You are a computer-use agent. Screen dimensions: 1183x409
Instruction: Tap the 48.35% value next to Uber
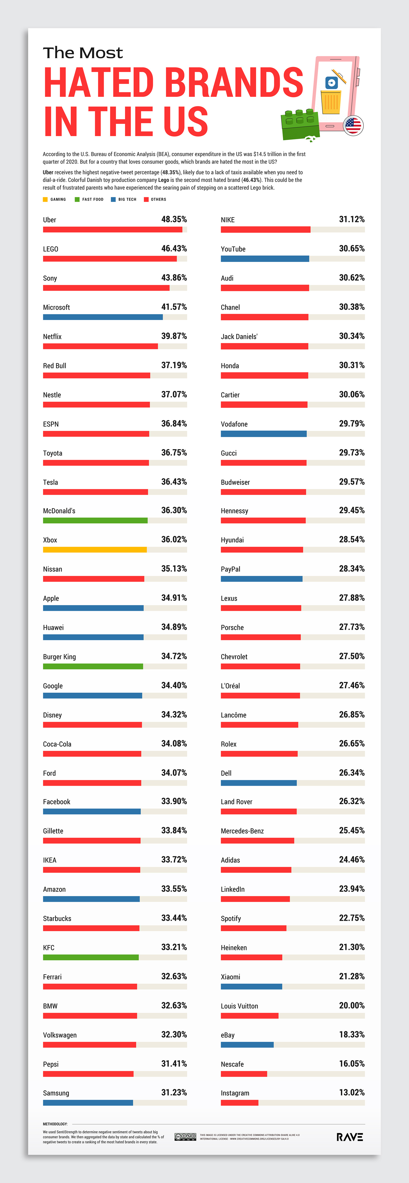pyautogui.click(x=174, y=219)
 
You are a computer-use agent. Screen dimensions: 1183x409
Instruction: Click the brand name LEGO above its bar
pyautogui.click(x=50, y=249)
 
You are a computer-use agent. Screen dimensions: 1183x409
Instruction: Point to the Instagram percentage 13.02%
pyautogui.click(x=352, y=1093)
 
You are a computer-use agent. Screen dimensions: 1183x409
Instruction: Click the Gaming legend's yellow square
pyautogui.click(x=45, y=199)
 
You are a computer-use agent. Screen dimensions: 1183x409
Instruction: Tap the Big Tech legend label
pyautogui.click(x=124, y=199)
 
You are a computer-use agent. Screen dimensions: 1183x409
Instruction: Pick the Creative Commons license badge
pyautogui.click(x=185, y=1137)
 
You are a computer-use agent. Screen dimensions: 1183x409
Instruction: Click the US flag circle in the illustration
pyautogui.click(x=353, y=125)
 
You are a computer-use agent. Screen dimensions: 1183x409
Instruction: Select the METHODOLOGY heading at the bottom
pyautogui.click(x=55, y=1124)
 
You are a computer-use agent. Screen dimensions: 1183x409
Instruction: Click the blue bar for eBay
pyautogui.click(x=247, y=1045)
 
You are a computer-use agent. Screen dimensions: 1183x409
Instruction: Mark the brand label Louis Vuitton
pyautogui.click(x=239, y=1006)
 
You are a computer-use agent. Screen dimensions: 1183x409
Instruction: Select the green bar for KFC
pyautogui.click(x=90, y=957)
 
